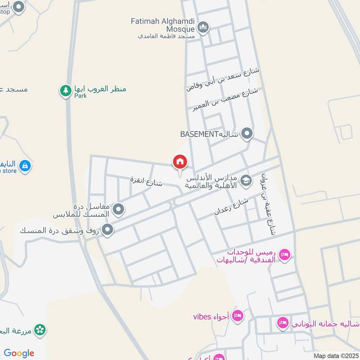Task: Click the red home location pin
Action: pyautogui.click(x=180, y=162)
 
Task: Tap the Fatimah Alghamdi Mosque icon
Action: pyautogui.click(x=203, y=28)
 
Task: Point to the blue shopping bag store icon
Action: pyautogui.click(x=25, y=166)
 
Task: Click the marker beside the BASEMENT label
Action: pyautogui.click(x=247, y=134)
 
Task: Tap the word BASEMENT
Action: pyautogui.click(x=199, y=134)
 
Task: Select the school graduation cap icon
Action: pyautogui.click(x=246, y=181)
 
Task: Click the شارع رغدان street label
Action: pyautogui.click(x=232, y=206)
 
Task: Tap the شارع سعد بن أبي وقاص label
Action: pyautogui.click(x=223, y=79)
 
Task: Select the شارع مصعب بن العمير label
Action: pyautogui.click(x=225, y=99)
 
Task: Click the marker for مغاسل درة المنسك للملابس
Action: pyautogui.click(x=118, y=209)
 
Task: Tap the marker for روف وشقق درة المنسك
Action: pyautogui.click(x=108, y=230)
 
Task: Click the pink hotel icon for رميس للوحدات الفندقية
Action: pyautogui.click(x=284, y=255)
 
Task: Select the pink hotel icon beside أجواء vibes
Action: pyautogui.click(x=238, y=316)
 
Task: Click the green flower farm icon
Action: pyautogui.click(x=40, y=330)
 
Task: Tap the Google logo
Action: pyautogui.click(x=18, y=353)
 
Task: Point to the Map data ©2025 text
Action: pyautogui.click(x=335, y=355)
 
